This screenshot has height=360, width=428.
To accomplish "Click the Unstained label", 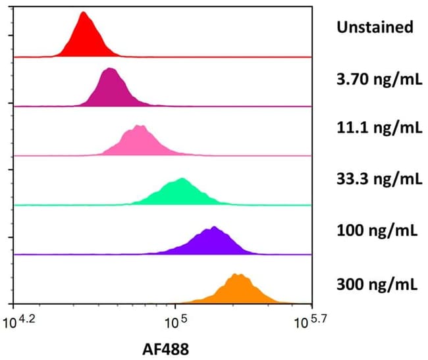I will click(375, 27).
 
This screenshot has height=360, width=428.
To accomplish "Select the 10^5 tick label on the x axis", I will click(175, 322).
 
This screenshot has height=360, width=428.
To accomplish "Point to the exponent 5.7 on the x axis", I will click(316, 317).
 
